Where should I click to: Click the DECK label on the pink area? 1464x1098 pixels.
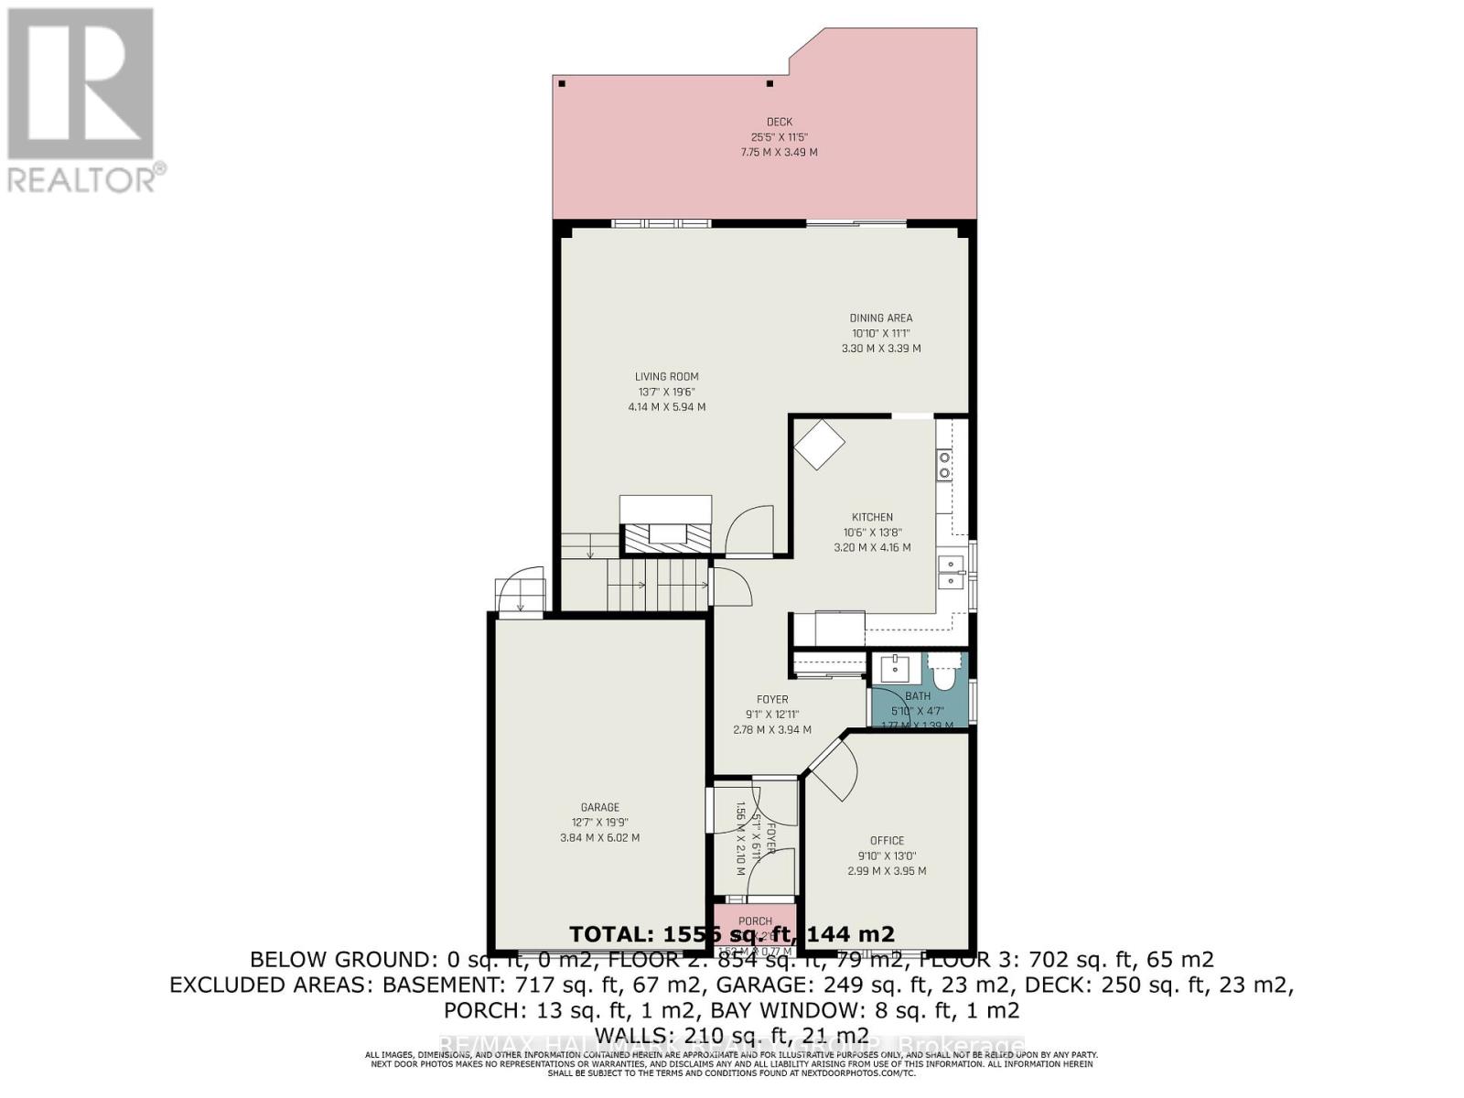pos(779,122)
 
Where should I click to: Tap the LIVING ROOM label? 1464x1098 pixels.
pos(666,376)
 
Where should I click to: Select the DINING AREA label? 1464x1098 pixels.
pos(880,318)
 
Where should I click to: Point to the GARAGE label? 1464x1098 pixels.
pos(599,807)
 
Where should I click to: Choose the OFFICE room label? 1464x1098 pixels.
pos(886,840)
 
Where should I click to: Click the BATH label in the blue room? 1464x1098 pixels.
pos(917,696)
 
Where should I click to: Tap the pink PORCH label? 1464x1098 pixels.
pos(755,920)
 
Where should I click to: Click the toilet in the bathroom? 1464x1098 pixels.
pos(942,673)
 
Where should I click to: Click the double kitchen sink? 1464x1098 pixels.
pos(953,572)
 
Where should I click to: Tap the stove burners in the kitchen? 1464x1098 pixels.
pos(944,466)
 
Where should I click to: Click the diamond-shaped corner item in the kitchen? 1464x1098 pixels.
pos(819,445)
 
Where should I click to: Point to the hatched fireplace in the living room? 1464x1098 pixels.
pos(666,536)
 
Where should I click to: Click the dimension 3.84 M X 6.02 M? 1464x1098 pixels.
pos(599,837)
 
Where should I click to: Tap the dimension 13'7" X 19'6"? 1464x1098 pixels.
pos(666,392)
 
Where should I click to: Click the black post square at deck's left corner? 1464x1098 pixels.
pos(562,84)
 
